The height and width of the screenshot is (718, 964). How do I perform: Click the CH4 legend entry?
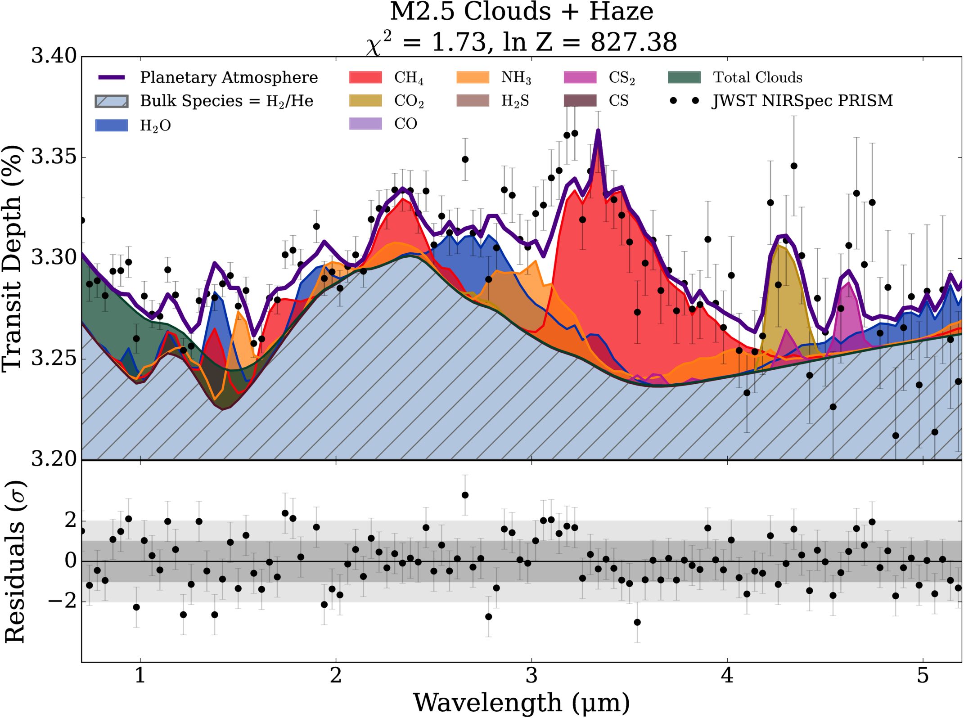pos(386,77)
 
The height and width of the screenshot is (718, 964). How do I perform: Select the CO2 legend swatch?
pos(365,100)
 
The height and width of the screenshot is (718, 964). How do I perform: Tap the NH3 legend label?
pos(516,77)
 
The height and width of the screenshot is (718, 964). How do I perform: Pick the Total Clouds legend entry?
pos(735,77)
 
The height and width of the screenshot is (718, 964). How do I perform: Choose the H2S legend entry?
pos(493,100)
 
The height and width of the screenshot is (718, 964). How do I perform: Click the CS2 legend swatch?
pos(580,77)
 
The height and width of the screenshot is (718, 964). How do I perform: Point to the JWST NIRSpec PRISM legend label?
pos(802,100)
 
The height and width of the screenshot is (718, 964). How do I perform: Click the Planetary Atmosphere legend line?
pos(112,77)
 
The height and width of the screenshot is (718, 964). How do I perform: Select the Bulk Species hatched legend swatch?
pos(112,101)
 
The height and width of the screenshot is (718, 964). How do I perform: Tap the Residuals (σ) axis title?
pos(14,562)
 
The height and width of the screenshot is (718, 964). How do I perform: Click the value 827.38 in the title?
pos(634,42)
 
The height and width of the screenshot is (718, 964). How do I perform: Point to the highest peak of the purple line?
pos(598,130)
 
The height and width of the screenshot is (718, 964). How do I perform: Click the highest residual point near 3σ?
pos(465,495)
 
